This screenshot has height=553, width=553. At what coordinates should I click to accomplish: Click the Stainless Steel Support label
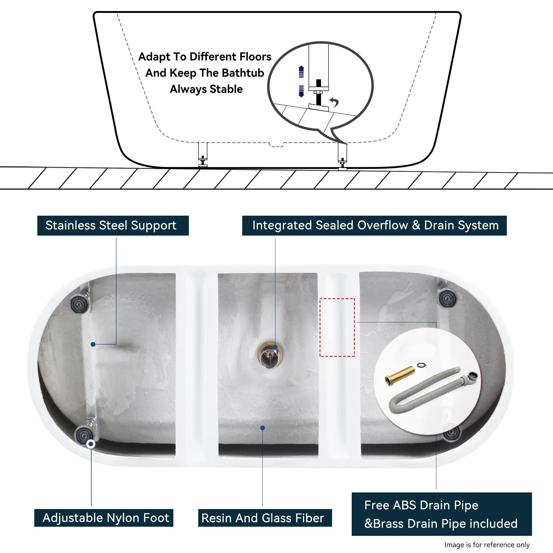(x=113, y=226)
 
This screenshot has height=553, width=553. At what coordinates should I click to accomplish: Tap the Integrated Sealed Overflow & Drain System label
(x=374, y=226)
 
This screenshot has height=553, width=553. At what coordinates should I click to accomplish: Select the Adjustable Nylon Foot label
(x=104, y=518)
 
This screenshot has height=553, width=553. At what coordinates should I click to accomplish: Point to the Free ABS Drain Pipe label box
(x=441, y=514)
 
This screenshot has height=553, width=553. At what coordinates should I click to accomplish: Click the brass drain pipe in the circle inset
(x=400, y=376)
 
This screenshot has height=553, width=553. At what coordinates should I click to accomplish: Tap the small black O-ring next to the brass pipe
(x=421, y=365)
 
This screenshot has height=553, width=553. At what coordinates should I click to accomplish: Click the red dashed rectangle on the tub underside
(x=337, y=327)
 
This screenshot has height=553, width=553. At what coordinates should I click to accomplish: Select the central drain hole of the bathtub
(x=270, y=355)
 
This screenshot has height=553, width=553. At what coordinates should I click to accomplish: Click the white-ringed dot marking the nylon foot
(x=91, y=444)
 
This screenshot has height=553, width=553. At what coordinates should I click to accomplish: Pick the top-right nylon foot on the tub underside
(x=448, y=298)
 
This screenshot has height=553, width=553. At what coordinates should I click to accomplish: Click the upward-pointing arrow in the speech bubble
(x=301, y=72)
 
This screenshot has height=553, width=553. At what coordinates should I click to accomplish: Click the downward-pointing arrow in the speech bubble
(x=301, y=91)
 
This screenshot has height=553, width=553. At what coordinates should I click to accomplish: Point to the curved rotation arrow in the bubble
(x=334, y=101)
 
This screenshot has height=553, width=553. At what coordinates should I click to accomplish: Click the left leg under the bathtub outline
(x=203, y=155)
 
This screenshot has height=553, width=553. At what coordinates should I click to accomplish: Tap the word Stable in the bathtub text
(x=226, y=89)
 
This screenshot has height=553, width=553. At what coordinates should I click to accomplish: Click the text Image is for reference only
(x=487, y=545)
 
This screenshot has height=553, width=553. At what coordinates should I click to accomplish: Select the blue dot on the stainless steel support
(x=93, y=344)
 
